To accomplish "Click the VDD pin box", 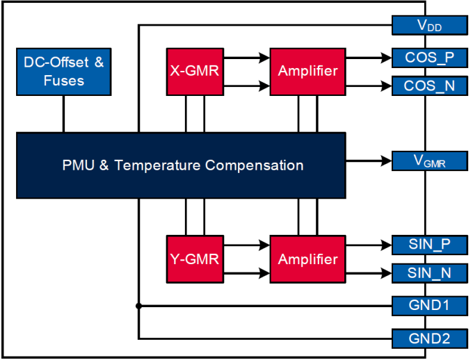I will (x=430, y=26).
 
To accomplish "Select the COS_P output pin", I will (x=430, y=57).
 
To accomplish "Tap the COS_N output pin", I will (x=430, y=86).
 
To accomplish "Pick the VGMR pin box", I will (x=430, y=161).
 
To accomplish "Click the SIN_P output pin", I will (x=430, y=245).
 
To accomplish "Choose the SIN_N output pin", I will (x=430, y=273).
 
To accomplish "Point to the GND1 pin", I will (x=430, y=305).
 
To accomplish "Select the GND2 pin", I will (x=430, y=338).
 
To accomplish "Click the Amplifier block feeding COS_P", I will (x=307, y=71).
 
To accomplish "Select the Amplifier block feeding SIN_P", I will (x=307, y=259).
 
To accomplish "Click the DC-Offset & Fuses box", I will (x=63, y=72).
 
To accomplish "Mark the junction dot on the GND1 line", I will (x=139, y=305).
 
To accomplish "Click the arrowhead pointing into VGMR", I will (x=387, y=161).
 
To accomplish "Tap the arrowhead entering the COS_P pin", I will (x=387, y=57).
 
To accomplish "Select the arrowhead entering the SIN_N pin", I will (x=387, y=273).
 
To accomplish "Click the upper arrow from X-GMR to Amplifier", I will (x=246, y=58).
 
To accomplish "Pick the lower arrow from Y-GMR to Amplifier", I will (x=246, y=274).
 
